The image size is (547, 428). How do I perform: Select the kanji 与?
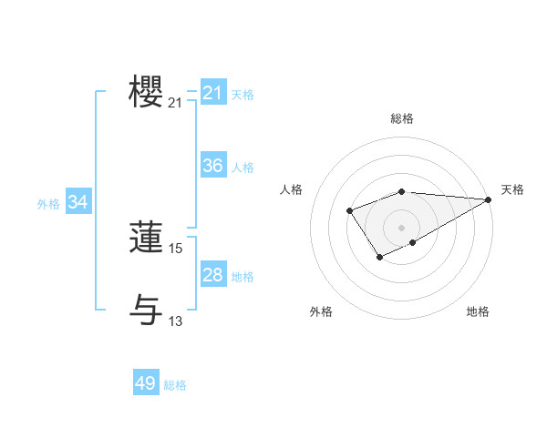coord(146,308)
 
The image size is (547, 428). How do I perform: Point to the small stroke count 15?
coord(176,248)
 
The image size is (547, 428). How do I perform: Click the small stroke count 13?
coord(176,320)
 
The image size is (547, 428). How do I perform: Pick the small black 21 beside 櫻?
coord(176,104)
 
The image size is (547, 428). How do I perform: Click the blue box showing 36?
coord(213,166)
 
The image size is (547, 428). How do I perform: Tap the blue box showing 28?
coord(213,275)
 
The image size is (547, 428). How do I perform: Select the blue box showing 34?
coord(78,202)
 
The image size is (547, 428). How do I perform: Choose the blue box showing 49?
coord(146,383)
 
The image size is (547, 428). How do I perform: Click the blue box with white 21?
coord(213,93)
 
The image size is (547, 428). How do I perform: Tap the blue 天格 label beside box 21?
coord(243,94)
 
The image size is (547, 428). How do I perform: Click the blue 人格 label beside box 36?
coord(243,167)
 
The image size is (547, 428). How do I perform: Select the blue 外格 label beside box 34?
coord(48,204)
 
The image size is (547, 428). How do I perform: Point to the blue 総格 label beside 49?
coord(175,384)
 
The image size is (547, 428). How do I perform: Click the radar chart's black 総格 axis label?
coord(402,118)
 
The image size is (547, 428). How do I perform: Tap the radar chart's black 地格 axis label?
coord(478,311)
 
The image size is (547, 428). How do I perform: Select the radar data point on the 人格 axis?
coord(350,211)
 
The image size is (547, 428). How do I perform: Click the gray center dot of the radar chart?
coord(402,228)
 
